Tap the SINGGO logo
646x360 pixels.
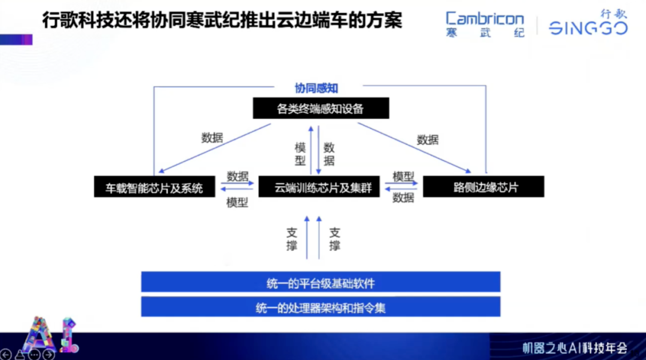588,24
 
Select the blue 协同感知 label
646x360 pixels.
316,89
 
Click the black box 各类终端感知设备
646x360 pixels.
321,109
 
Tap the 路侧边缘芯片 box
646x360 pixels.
483,187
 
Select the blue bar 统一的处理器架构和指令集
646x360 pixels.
321,307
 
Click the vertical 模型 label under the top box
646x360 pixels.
300,154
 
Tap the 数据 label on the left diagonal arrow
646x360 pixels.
212,138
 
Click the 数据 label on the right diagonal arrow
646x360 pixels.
428,140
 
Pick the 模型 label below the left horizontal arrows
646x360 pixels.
237,203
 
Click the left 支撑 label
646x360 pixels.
291,239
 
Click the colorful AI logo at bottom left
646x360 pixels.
48,337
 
